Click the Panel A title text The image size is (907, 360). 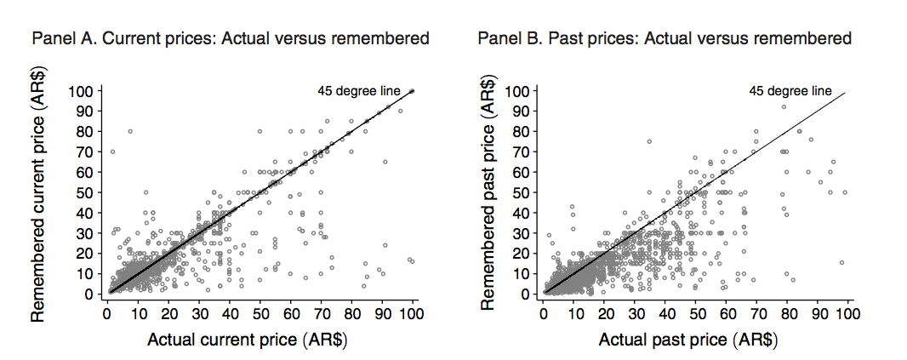click(230, 39)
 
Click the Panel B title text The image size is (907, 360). click(665, 39)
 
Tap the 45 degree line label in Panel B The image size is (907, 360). click(790, 91)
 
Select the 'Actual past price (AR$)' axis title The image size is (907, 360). click(688, 340)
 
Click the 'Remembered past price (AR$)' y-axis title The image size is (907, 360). click(489, 191)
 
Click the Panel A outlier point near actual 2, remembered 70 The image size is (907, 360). click(112, 151)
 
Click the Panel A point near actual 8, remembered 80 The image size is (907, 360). click(130, 131)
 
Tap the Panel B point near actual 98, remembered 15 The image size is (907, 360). click(841, 263)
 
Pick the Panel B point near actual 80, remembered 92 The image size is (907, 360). click(784, 106)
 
